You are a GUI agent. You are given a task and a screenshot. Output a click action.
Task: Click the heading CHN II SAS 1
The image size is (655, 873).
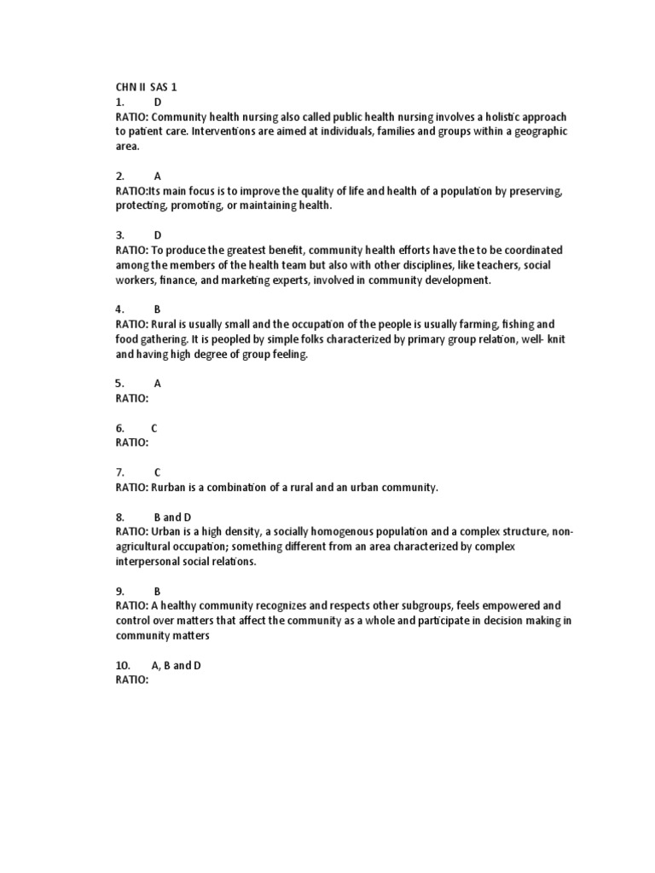pos(146,87)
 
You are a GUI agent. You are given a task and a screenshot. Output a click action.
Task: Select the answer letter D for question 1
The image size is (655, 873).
pos(158,102)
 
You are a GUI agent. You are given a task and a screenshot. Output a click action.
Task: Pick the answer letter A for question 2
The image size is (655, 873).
pos(158,176)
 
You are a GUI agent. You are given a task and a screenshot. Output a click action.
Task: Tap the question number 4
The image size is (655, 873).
pos(119,309)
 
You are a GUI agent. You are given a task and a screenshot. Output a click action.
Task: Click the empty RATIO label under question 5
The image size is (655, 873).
pos(132,398)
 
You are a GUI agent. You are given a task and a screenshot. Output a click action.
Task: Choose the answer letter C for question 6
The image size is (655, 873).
pos(154,428)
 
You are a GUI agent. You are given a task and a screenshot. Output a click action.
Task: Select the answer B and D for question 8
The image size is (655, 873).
pos(172,517)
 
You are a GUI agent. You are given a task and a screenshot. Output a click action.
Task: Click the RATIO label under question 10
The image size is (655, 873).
pos(132,679)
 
